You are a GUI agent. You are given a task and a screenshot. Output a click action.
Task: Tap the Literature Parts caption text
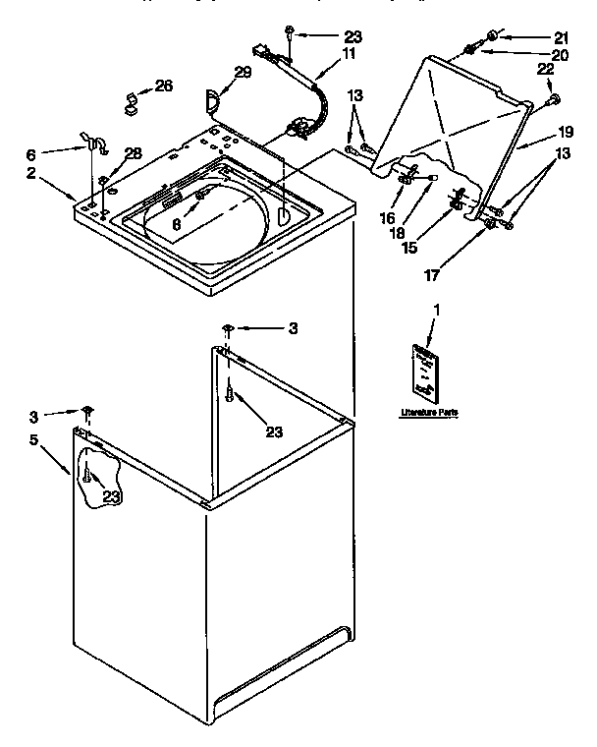428,412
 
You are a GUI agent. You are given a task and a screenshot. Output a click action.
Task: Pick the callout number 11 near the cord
350,56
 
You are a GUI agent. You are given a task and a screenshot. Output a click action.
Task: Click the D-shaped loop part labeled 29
213,98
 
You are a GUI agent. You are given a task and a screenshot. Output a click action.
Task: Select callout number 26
163,86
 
